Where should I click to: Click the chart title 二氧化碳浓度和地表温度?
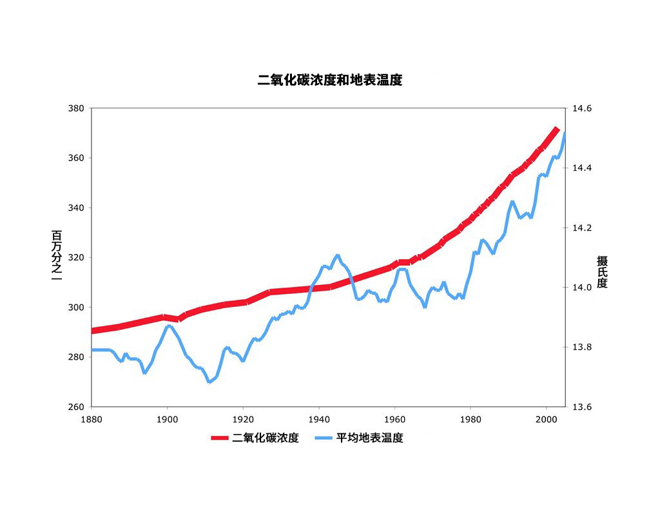pos(329,81)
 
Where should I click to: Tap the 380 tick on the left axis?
pos(76,108)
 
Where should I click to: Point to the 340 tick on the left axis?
pos(76,208)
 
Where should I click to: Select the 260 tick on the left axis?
pos(76,407)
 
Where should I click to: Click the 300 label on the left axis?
pos(76,308)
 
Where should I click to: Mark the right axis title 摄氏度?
pos(602,271)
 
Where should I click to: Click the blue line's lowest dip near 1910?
pos(209,382)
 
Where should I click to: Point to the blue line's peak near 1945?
pos(337,255)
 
